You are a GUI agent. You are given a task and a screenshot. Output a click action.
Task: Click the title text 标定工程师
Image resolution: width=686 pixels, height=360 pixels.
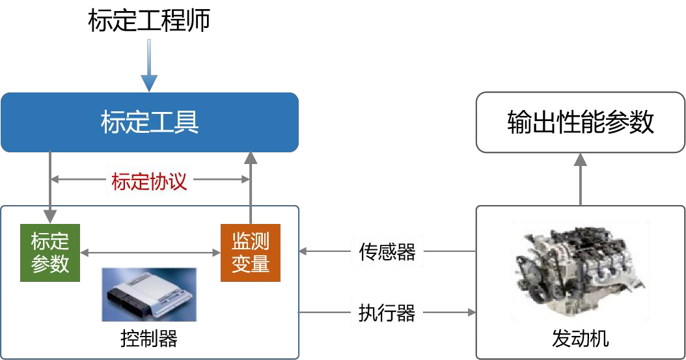(149, 21)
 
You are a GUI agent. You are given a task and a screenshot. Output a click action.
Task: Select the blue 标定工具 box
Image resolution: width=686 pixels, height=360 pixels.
(149, 122)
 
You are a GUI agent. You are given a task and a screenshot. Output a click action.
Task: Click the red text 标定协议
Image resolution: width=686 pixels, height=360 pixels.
(149, 181)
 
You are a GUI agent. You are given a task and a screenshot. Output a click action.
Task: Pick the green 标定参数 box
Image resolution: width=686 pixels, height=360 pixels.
(50, 253)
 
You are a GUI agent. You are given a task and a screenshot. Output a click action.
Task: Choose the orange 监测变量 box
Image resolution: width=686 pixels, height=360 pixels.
(250, 253)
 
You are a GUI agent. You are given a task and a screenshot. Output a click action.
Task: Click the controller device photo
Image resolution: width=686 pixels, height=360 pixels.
(148, 295)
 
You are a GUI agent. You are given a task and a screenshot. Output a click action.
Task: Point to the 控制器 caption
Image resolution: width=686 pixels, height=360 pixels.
(149, 339)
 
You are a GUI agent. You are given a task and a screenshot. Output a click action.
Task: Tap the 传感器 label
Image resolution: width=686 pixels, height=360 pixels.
(387, 251)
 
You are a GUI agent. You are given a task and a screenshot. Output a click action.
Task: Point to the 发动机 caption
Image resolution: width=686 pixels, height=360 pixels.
(581, 339)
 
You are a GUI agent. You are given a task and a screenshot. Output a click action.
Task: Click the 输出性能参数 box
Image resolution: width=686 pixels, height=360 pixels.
(580, 122)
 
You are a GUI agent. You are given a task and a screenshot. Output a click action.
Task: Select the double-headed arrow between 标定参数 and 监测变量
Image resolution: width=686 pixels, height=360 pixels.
(150, 252)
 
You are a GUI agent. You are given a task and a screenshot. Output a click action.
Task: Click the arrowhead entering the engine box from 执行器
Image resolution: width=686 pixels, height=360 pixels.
(471, 312)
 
